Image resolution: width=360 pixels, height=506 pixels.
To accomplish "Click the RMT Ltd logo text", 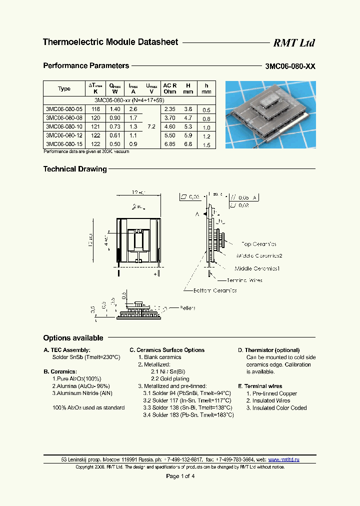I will (293, 43).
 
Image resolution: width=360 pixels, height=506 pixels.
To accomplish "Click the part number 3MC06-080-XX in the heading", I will (290, 66).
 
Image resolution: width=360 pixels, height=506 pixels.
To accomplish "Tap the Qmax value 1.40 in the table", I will (115, 109).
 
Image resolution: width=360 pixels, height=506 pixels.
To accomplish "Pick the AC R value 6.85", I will (170, 144).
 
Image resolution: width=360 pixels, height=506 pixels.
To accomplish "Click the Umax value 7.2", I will (151, 127).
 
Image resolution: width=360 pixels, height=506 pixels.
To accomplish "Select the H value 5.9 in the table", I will (187, 135).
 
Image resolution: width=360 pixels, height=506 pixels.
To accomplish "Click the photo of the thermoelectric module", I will (270, 115).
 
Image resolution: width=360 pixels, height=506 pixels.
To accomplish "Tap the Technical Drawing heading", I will (75, 169).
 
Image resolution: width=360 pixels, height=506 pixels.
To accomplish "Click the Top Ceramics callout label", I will (258, 244).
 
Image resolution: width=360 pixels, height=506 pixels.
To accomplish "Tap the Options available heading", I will (73, 338).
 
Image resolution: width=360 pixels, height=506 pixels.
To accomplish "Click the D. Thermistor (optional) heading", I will (268, 350).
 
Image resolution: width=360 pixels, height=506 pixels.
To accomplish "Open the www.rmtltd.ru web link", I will (283, 459).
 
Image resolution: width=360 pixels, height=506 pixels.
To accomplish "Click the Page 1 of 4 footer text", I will (180, 476).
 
